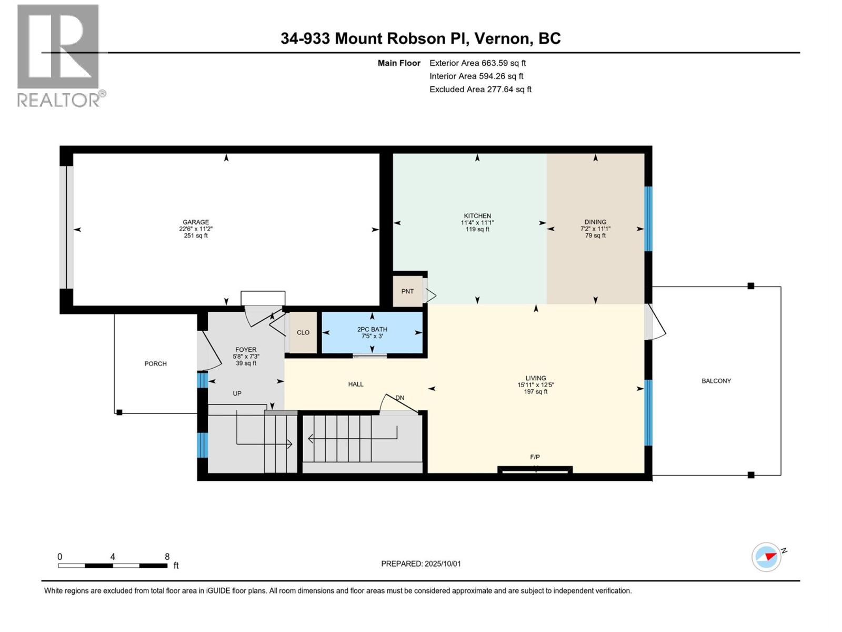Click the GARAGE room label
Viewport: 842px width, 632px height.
196,222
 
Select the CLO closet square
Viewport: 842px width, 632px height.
303,333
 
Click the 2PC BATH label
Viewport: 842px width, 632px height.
372,329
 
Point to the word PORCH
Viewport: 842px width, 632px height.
155,364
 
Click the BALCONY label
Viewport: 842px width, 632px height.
716,381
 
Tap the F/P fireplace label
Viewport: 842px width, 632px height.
535,457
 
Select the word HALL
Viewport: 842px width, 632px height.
356,384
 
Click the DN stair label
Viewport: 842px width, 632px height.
400,398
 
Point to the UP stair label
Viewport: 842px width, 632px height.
237,394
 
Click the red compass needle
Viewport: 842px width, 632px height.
770,557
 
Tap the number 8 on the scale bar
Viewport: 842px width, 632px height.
167,557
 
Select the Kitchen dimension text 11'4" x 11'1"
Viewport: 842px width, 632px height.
477,223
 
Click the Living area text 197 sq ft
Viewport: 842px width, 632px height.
536,392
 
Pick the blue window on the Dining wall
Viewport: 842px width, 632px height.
648,219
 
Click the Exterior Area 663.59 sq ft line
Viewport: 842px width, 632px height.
478,63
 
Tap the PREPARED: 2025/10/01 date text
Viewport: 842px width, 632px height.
421,564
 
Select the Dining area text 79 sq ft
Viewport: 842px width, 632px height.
595,235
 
